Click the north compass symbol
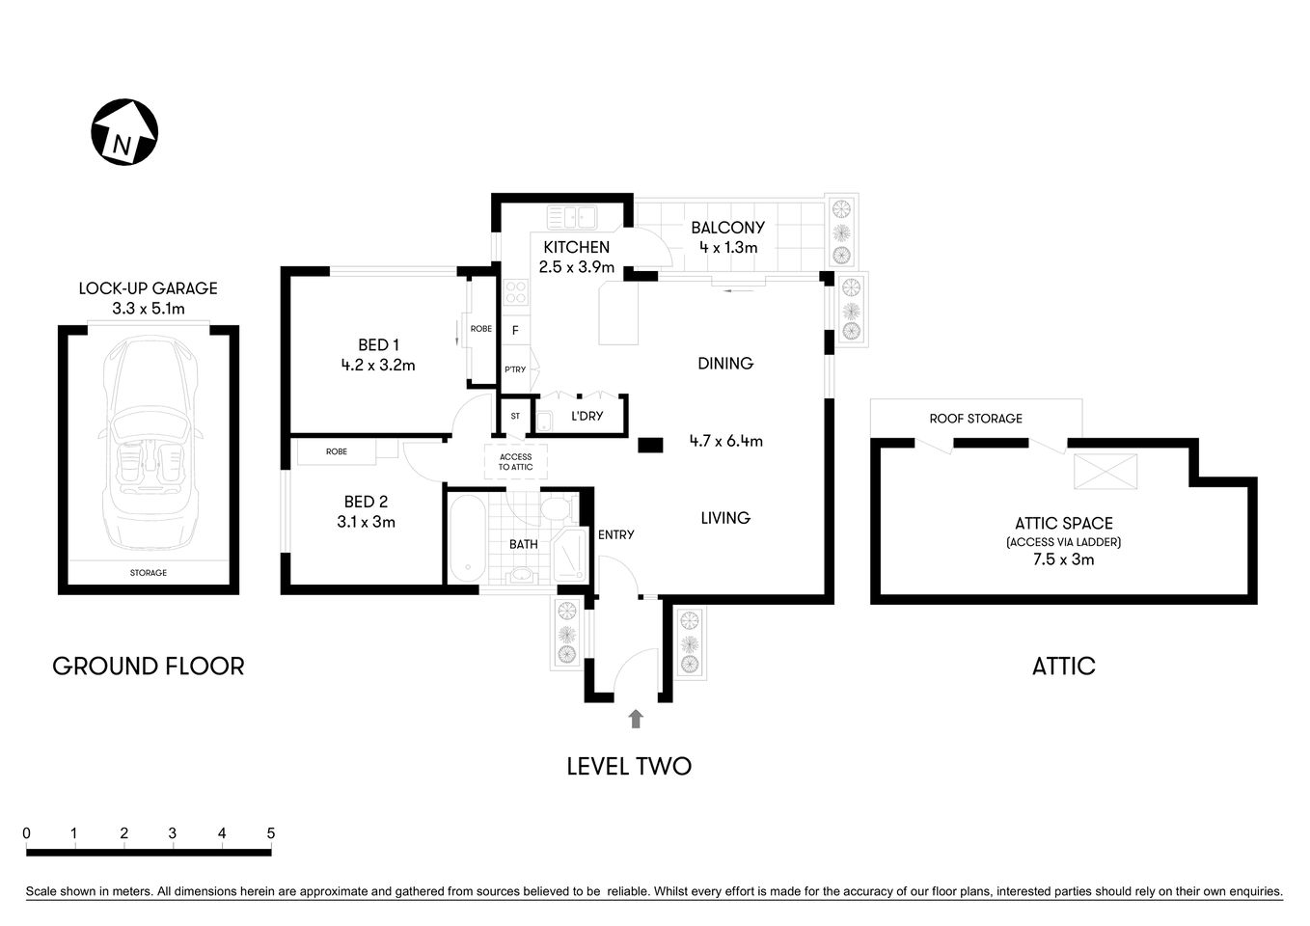pos(124,132)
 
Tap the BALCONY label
pos(727,228)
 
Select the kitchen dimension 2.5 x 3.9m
pos(576,267)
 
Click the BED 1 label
pos(378,344)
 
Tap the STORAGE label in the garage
pos(149,573)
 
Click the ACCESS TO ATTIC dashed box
pos(515,462)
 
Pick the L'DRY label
pos(587,416)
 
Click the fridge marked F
pos(515,331)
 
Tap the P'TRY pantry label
pos(515,369)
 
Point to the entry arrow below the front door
pos(635,719)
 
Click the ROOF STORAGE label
pos(975,419)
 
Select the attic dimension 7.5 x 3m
pos(1063,559)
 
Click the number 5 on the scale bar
pos(271,833)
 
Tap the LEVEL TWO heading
pos(629,767)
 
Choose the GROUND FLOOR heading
pos(149,666)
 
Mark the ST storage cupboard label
pos(515,417)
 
